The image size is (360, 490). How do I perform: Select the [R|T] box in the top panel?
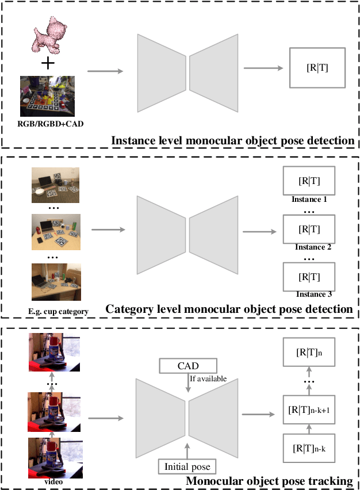point(317,68)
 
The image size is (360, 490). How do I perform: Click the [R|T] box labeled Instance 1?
point(309,181)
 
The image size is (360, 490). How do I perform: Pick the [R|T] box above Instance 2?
point(309,229)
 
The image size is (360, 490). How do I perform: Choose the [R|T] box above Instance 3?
point(309,276)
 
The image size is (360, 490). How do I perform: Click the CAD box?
point(188,365)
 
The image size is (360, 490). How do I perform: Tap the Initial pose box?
point(187,466)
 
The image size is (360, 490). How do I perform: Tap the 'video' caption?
point(53,481)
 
